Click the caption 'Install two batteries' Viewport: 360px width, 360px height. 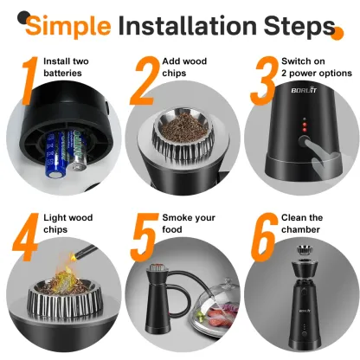(x=68, y=68)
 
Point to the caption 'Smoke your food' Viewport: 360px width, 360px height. (x=185, y=222)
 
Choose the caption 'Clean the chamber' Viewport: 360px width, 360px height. (x=303, y=222)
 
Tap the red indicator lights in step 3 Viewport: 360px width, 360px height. (x=292, y=133)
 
